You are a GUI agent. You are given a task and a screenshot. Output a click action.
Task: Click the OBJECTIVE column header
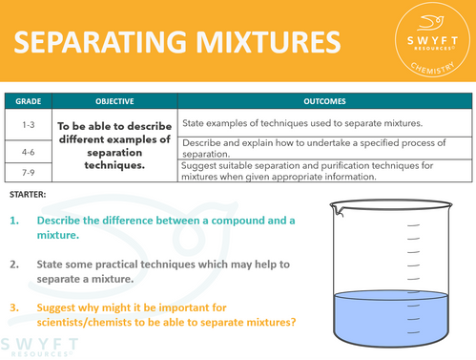[x=114, y=100]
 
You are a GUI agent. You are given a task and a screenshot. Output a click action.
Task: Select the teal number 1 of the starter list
[x=15, y=221]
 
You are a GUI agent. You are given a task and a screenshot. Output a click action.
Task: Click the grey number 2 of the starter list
[x=15, y=263]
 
